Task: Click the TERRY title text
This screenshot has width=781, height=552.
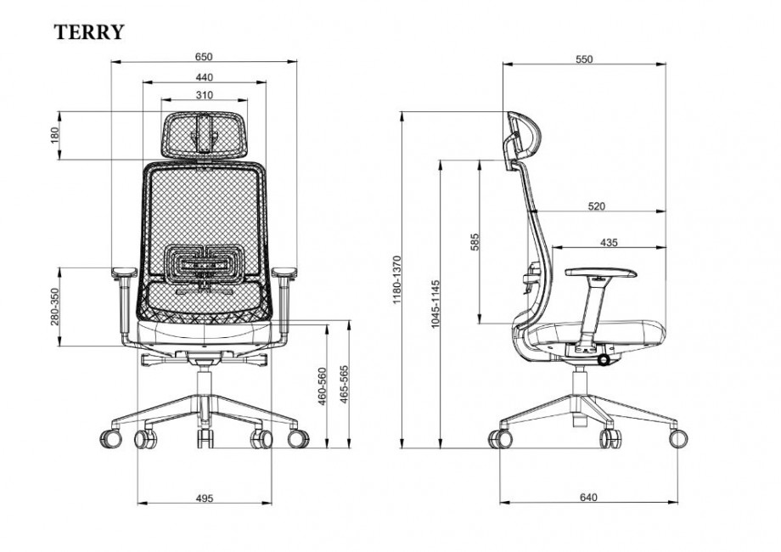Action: (x=90, y=32)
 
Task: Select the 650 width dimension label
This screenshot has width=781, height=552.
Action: (x=203, y=56)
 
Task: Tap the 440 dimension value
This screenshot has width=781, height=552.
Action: (x=203, y=76)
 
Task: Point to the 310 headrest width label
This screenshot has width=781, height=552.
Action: (x=203, y=94)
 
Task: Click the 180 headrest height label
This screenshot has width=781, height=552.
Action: (x=53, y=135)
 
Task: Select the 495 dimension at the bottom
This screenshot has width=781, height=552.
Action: (x=203, y=497)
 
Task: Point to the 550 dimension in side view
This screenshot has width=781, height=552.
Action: (x=583, y=59)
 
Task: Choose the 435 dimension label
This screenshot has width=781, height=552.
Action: (x=608, y=242)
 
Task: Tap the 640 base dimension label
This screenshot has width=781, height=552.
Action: (x=589, y=497)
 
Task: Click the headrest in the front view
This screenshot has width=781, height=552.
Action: (x=204, y=133)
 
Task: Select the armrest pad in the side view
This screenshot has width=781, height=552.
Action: (x=601, y=273)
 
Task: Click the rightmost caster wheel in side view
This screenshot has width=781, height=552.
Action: (x=679, y=437)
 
